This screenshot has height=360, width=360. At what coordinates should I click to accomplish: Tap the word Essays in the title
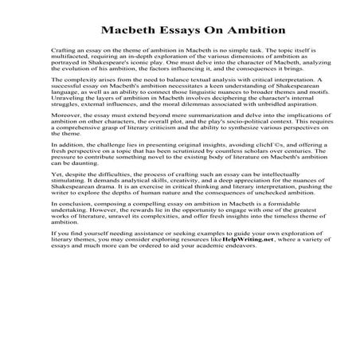(x=171, y=32)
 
